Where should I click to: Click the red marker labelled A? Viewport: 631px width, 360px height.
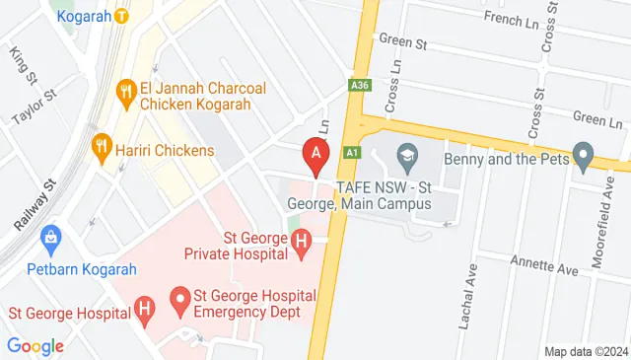point(315,154)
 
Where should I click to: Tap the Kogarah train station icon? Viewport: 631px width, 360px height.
point(120,16)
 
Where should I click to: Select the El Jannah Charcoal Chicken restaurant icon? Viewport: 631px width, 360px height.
point(125,94)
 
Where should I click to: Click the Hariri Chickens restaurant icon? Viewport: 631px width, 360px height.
point(100,150)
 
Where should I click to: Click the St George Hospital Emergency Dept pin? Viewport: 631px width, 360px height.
point(179,296)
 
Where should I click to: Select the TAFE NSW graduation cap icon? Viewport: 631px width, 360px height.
point(405,155)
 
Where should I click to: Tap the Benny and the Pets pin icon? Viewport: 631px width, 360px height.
point(582,155)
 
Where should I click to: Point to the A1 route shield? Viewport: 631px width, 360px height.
point(352,152)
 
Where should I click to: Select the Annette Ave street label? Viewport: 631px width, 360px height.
point(542,266)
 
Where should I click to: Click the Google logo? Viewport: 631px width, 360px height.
point(35,346)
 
